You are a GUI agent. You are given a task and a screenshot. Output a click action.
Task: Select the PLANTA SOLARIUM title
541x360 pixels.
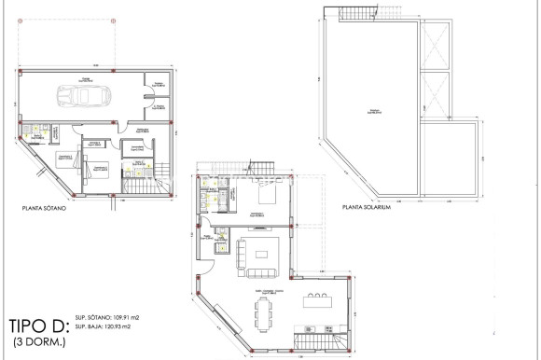coord(366,207)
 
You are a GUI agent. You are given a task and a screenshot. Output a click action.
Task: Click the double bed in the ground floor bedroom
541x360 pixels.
coord(266,199)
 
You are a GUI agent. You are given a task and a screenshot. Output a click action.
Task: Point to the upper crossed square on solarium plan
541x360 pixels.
coord(437,47)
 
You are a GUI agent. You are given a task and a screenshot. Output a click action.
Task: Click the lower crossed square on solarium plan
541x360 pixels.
coord(437,93)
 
